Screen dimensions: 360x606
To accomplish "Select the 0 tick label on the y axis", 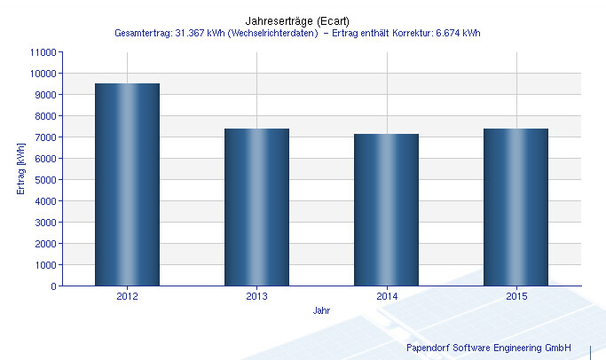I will coord(52,286).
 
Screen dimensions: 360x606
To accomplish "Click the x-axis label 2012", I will coord(127,297).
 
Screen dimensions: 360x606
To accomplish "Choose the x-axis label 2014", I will coord(386,297).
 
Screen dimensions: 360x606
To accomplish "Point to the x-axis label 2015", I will coord(515,297).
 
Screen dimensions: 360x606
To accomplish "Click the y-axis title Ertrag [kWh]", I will coord(20,169).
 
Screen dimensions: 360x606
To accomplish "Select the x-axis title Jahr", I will coord(322,311).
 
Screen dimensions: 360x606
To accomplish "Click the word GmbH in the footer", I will coord(557,348).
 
